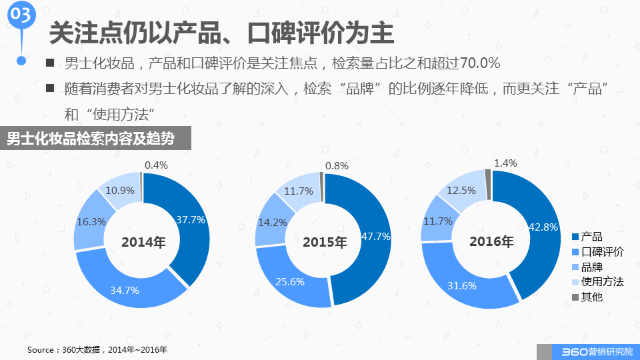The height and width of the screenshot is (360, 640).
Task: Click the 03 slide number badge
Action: (21, 15)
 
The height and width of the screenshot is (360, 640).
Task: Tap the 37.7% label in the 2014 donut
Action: (191, 219)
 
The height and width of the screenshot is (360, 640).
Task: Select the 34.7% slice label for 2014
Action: (125, 290)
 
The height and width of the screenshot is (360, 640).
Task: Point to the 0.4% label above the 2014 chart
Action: (156, 165)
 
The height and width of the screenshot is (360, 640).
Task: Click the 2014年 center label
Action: (143, 243)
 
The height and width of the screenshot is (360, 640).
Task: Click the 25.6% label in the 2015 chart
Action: (290, 281)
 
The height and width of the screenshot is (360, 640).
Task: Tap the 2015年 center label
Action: (325, 243)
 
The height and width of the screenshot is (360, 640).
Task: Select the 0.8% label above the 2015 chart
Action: (337, 165)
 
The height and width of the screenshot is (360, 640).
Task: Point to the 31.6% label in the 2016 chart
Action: (460, 286)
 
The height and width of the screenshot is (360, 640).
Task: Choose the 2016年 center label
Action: (491, 241)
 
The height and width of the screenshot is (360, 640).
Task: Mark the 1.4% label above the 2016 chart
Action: (505, 163)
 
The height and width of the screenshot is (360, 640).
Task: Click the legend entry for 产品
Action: (587, 237)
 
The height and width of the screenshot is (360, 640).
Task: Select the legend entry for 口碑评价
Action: (597, 252)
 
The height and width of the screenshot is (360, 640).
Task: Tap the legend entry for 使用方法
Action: (597, 281)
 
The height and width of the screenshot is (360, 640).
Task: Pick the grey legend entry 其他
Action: (587, 297)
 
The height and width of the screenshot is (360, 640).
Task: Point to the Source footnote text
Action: (97, 350)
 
